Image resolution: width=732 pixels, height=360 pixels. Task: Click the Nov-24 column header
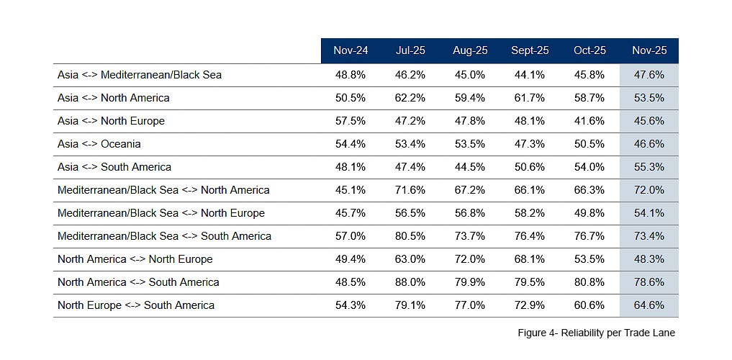point(351,50)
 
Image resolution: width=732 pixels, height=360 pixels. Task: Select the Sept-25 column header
point(530,50)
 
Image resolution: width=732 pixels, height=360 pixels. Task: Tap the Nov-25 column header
point(649,50)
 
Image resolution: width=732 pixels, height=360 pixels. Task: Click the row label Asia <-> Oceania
point(99,144)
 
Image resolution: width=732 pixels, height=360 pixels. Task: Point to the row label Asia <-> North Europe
point(111,121)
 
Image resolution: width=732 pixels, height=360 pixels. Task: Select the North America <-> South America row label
point(138,282)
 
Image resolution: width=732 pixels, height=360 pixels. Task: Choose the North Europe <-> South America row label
point(136,305)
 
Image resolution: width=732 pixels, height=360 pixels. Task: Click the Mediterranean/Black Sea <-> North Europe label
point(161,213)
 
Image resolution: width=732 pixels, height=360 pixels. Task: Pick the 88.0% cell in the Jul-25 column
point(410,282)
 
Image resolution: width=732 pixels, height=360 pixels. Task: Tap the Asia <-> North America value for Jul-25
point(410,98)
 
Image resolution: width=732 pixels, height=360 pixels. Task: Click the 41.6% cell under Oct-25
point(589,121)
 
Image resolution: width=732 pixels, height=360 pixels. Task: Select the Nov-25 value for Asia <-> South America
point(649,167)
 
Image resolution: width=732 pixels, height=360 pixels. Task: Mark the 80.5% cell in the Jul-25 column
point(410,236)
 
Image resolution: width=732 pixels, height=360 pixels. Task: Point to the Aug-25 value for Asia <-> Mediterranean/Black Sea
point(470,75)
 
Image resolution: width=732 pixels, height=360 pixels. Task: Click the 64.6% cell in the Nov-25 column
point(649,305)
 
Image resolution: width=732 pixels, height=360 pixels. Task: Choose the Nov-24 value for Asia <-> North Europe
point(351,121)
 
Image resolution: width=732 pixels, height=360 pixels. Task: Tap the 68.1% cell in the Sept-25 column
point(530,259)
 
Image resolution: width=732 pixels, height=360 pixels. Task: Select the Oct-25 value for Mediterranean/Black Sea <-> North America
point(589,190)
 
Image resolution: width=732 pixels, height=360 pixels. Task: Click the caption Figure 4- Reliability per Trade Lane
point(596,333)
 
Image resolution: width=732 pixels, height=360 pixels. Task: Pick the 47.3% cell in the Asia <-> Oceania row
point(530,144)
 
